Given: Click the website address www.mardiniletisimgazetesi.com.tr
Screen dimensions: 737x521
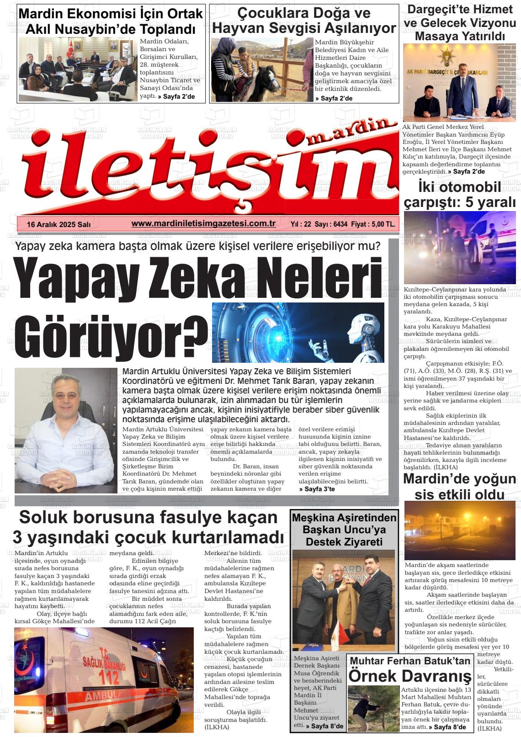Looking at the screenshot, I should click(x=203, y=223).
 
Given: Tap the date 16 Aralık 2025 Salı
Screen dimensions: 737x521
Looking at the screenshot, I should click(x=59, y=224).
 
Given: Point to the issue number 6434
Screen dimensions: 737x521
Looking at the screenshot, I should click(x=340, y=224).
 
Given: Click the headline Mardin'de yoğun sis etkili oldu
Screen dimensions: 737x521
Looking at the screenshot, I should click(x=459, y=486).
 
